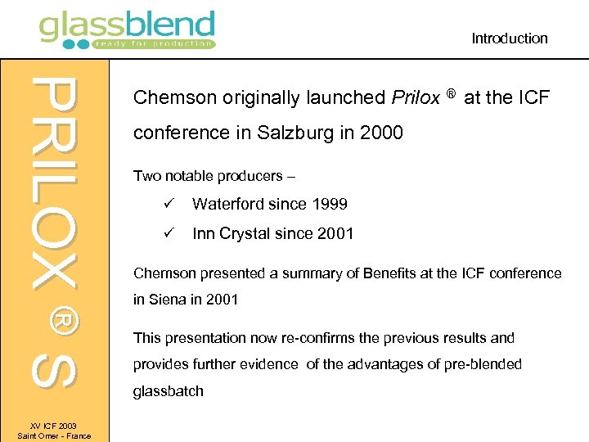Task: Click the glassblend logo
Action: tap(127, 29)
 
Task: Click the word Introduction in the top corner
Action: tap(509, 38)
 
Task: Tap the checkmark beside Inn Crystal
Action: tap(166, 233)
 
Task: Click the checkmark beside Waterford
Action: tap(166, 204)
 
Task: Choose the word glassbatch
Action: tap(168, 391)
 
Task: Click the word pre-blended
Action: tap(480, 364)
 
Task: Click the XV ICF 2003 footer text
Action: tap(54, 426)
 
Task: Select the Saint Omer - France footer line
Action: tap(54, 435)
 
